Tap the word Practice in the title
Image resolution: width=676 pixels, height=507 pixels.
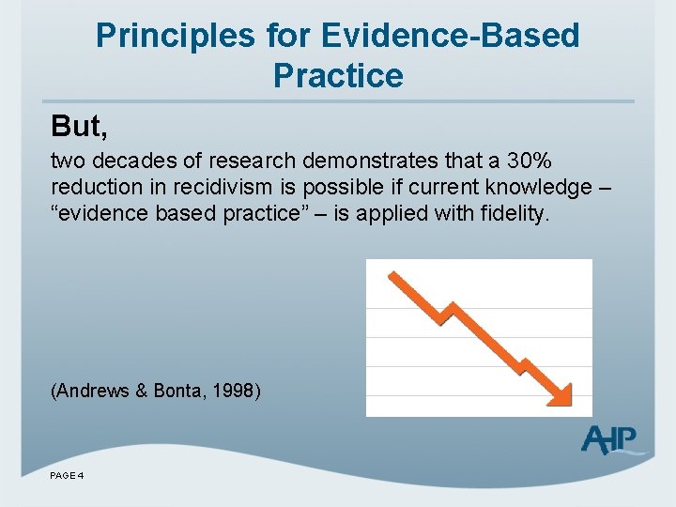click(x=338, y=75)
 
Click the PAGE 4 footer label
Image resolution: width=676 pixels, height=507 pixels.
click(x=68, y=476)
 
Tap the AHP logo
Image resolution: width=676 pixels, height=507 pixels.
click(x=611, y=438)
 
